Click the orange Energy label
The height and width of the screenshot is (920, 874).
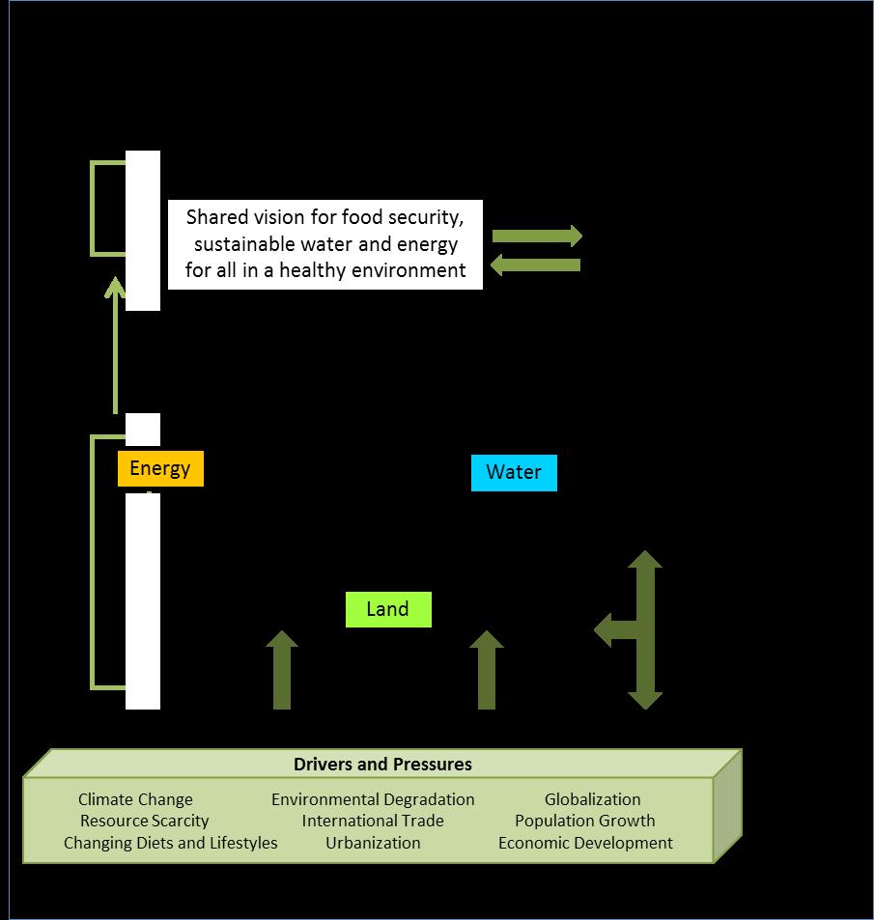160,469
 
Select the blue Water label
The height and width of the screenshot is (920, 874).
514,473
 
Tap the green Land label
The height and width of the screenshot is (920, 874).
387,610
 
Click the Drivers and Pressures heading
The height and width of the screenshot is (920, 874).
382,765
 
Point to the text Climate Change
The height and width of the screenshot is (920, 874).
135,799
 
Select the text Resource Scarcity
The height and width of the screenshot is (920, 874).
144,821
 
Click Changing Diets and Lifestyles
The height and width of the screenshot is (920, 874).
170,843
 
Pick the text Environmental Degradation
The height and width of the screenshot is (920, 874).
373,799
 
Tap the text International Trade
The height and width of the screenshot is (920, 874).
373,821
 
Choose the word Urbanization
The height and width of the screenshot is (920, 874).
373,843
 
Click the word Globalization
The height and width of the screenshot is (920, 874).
592,799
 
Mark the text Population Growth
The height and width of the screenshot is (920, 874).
584,821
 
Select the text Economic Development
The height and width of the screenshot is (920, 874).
585,843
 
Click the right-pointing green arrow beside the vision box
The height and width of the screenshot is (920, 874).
537,236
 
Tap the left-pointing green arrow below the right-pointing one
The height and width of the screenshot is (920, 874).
537,265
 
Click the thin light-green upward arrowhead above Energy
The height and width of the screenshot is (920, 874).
115,289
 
